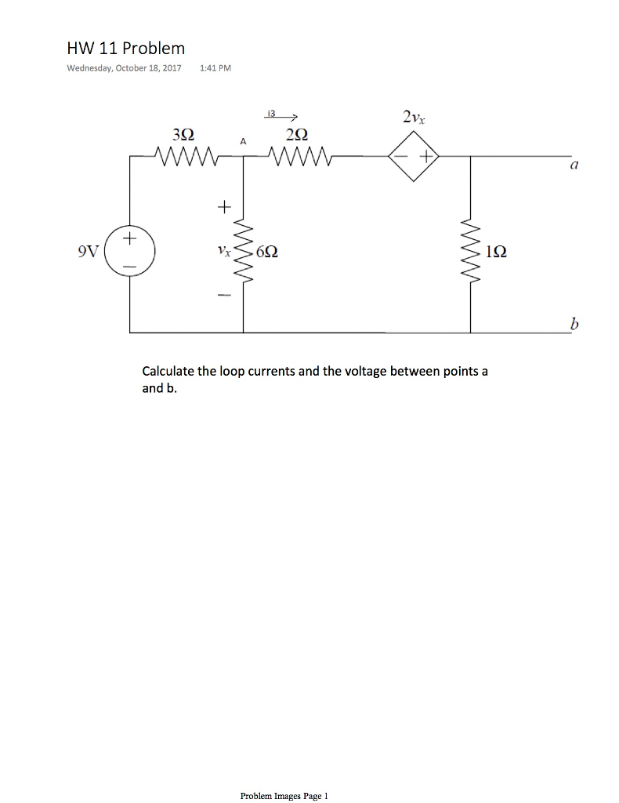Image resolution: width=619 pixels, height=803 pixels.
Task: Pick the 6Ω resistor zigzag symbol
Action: (244, 253)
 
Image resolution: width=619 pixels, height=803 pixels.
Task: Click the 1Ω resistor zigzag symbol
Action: (471, 253)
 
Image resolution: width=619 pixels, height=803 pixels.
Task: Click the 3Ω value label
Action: (185, 133)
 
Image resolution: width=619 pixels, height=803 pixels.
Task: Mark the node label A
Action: (244, 141)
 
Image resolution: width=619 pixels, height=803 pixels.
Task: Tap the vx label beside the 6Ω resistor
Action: (224, 252)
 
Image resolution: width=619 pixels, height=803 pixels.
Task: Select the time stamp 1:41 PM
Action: (215, 68)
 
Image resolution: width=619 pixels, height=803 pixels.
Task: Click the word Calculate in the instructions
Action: (167, 371)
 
